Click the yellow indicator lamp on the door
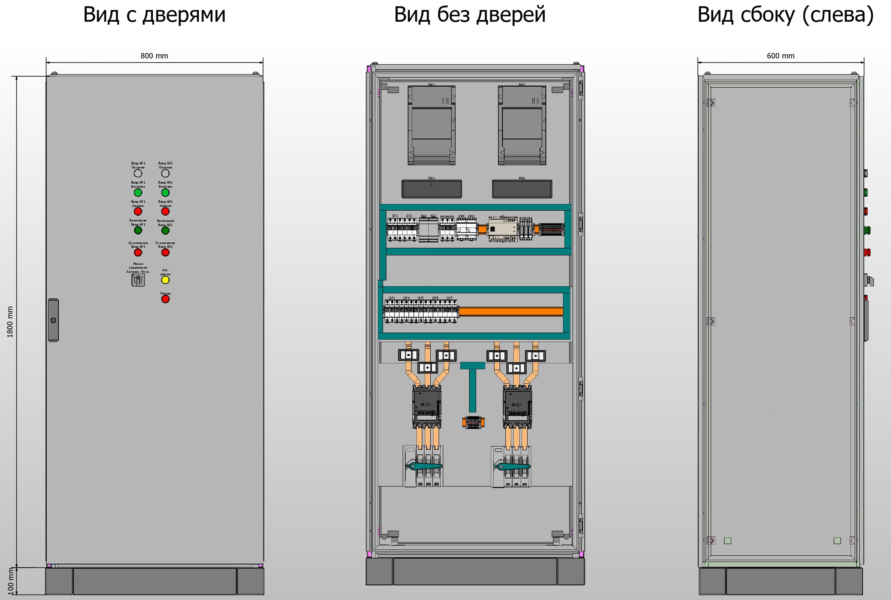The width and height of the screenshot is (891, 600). [x=165, y=280]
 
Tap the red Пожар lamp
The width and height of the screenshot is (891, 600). [x=165, y=299]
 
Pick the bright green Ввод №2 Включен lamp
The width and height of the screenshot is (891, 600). [x=165, y=193]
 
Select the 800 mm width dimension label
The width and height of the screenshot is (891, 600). [x=154, y=56]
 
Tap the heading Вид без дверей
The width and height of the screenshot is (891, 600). [x=470, y=15]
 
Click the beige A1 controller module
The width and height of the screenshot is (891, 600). [x=502, y=229]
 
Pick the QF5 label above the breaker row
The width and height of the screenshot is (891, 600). [x=421, y=298]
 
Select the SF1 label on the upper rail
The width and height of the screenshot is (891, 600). [x=395, y=216]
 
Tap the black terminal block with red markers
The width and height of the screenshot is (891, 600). [x=551, y=230]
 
